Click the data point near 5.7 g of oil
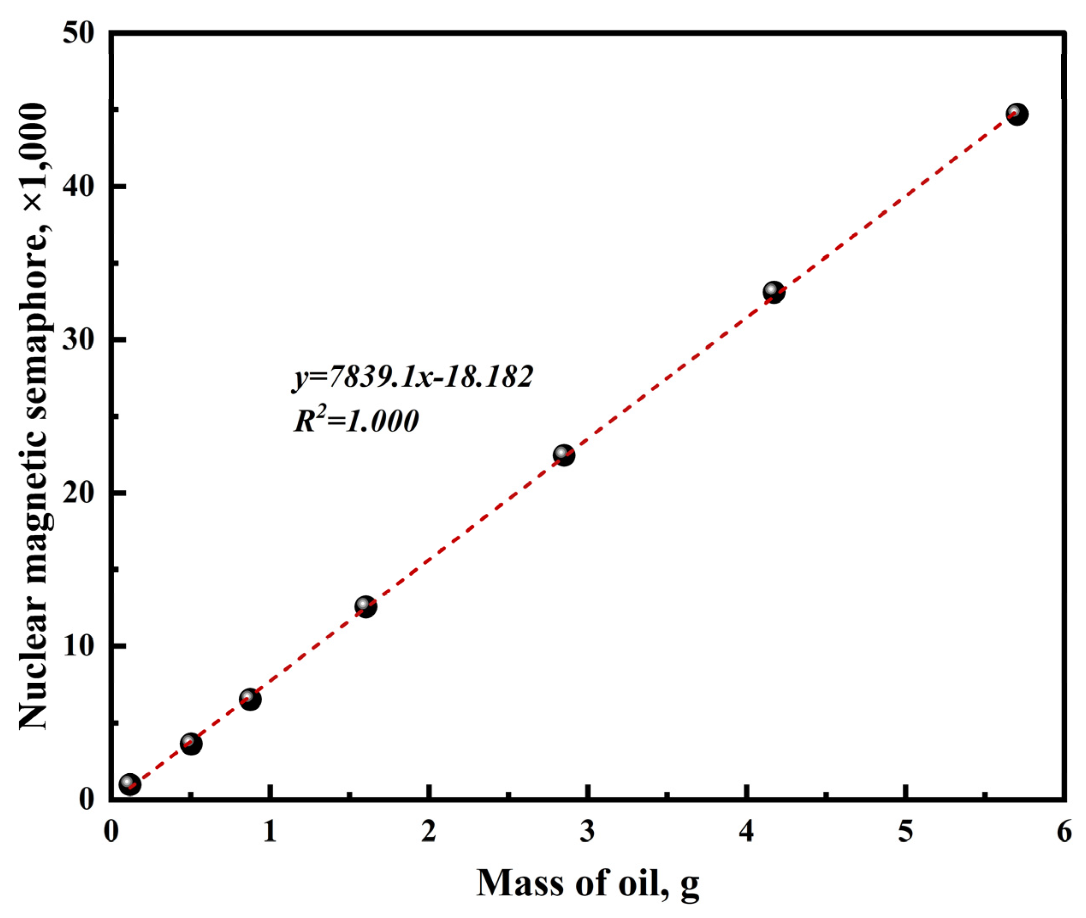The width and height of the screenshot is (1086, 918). [1016, 114]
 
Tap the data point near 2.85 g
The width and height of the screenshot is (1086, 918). [563, 455]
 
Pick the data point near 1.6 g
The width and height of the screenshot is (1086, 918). [365, 606]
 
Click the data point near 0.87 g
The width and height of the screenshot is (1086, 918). [250, 699]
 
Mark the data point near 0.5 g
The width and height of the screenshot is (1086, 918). [191, 743]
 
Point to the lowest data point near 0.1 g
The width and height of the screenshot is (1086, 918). [130, 784]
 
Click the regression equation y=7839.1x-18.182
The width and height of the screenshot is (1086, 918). [412, 376]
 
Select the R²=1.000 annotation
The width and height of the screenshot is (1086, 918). [356, 421]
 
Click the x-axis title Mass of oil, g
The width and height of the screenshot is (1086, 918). [588, 883]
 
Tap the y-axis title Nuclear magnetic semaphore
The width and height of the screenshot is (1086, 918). [34, 416]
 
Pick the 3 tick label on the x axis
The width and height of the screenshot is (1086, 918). [588, 831]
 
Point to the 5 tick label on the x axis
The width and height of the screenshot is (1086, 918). [905, 831]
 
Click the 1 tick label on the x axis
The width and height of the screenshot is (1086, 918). [269, 831]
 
